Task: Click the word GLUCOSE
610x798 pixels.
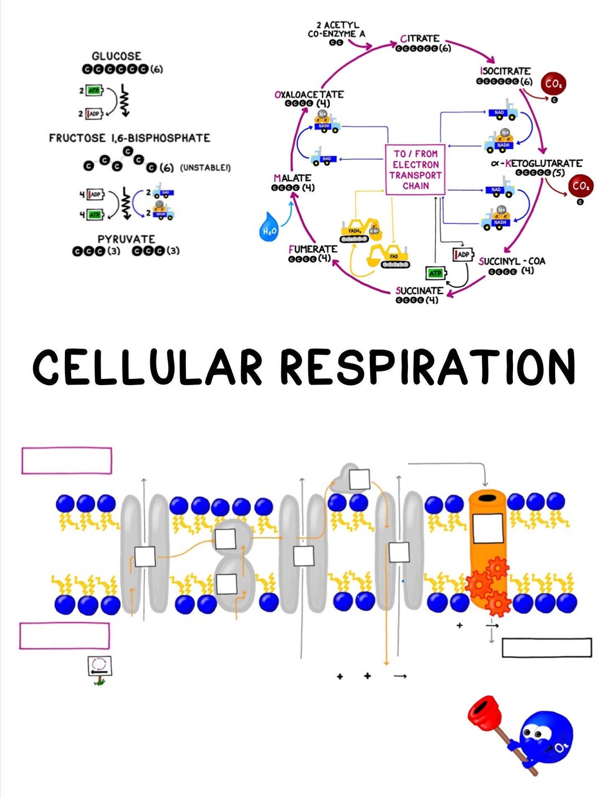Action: click(x=116, y=56)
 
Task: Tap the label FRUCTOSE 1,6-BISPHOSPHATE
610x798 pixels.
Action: click(x=129, y=138)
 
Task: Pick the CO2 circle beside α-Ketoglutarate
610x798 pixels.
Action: click(x=580, y=186)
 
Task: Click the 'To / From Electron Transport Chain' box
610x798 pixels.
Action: click(x=415, y=170)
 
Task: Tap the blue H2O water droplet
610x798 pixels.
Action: click(x=268, y=227)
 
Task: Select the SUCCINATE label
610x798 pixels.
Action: click(x=419, y=291)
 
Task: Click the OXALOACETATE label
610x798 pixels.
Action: click(x=309, y=94)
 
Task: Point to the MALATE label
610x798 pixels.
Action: click(x=293, y=178)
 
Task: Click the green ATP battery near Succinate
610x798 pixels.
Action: click(x=435, y=273)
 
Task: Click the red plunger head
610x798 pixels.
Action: click(x=484, y=714)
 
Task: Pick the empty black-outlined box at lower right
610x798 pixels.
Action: click(x=547, y=648)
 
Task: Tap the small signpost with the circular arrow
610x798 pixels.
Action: click(x=100, y=666)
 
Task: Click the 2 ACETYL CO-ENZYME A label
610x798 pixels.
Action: click(x=337, y=30)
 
